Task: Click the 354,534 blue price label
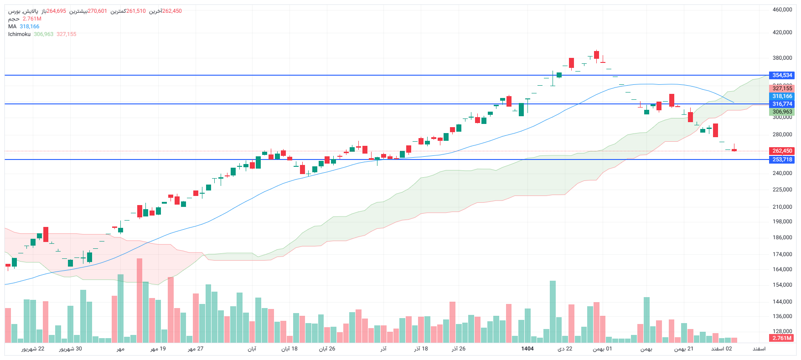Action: [x=782, y=75]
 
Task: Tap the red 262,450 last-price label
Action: [x=782, y=151]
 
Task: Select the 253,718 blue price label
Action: [x=782, y=159]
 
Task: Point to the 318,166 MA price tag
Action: [x=782, y=96]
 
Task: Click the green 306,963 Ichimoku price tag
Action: [x=782, y=112]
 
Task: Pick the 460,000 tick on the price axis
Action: [x=782, y=10]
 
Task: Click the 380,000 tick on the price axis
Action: [x=782, y=58]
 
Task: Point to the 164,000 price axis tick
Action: [x=782, y=269]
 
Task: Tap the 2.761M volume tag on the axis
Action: [x=782, y=338]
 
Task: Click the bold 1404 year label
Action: [x=527, y=349]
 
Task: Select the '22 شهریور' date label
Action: [x=33, y=349]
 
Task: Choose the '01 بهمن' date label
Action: [x=602, y=349]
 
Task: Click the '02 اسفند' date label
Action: [x=722, y=349]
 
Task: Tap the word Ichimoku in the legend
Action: [x=19, y=34]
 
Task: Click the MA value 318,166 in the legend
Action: [x=29, y=26]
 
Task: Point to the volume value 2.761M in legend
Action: [x=32, y=19]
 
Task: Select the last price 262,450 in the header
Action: [x=172, y=11]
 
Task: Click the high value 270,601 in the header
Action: [x=97, y=11]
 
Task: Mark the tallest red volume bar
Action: [x=140, y=301]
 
